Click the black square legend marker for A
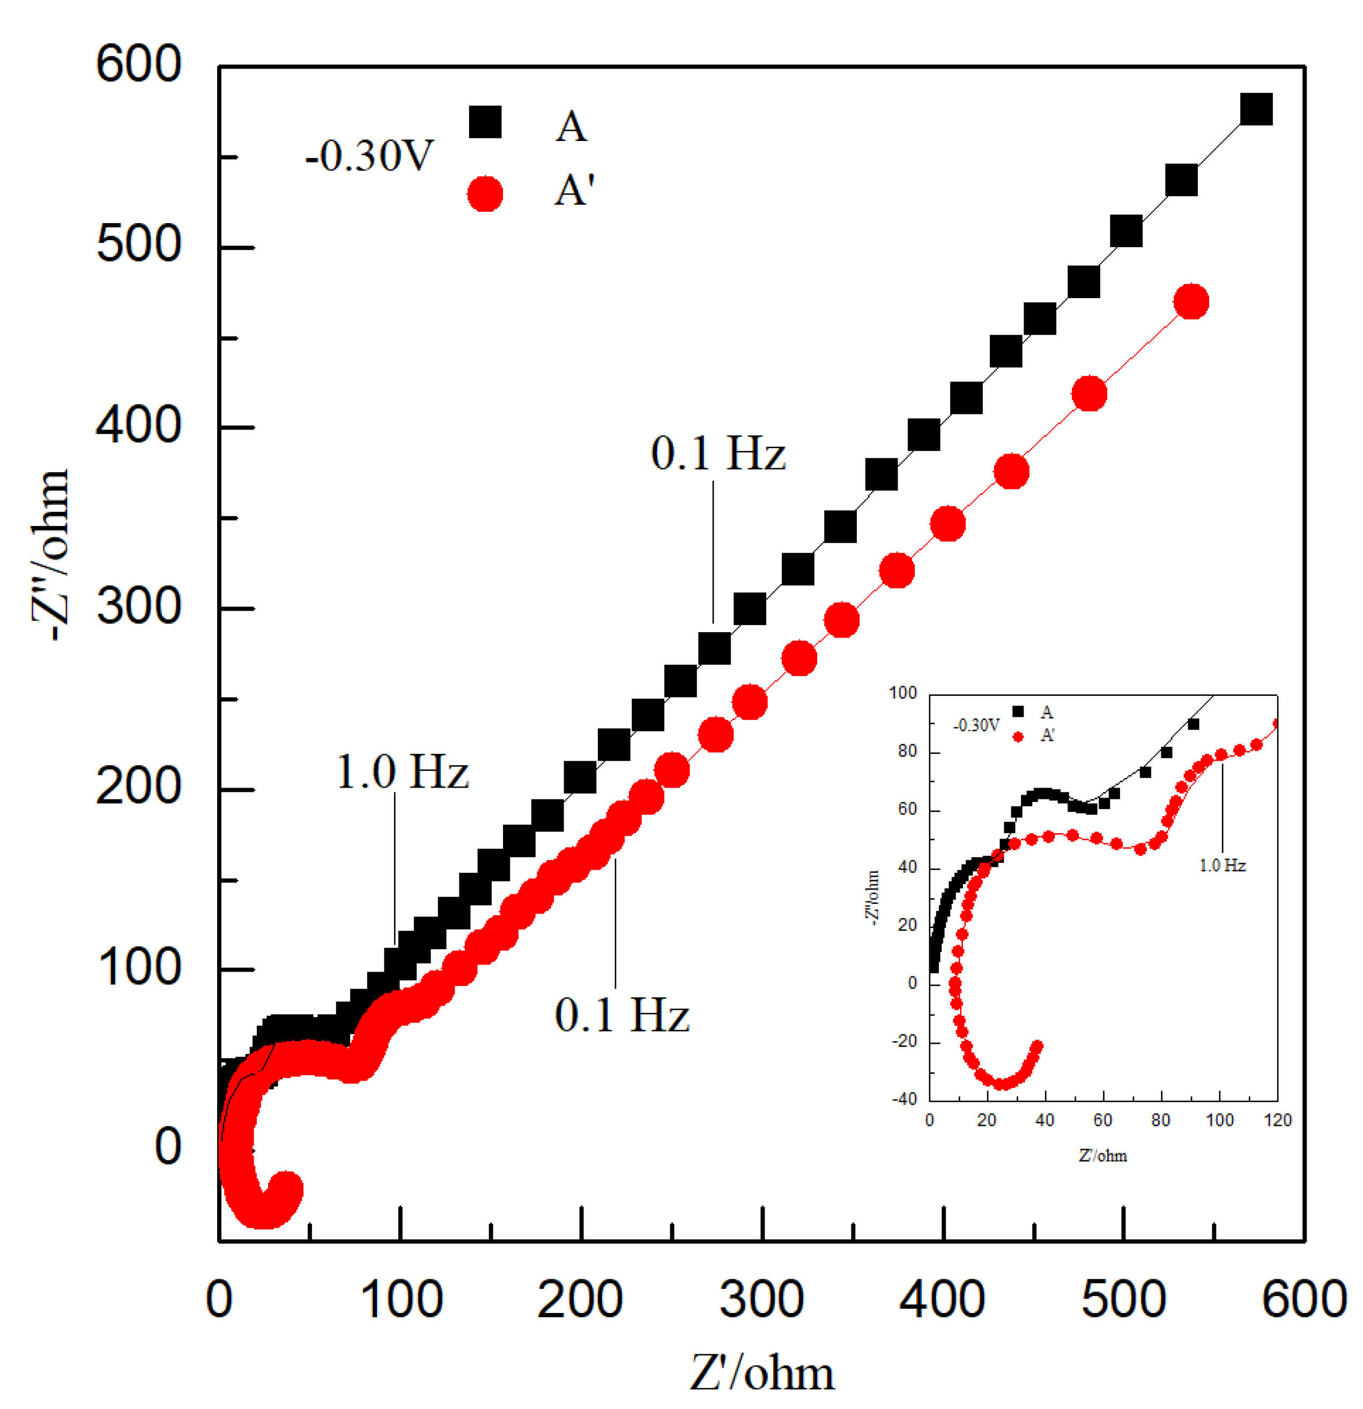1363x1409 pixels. [x=485, y=122]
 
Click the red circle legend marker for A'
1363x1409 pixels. [x=485, y=194]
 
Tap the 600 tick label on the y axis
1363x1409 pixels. [x=139, y=65]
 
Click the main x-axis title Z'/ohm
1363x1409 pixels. [x=762, y=1373]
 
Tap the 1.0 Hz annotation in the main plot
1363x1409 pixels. [x=403, y=773]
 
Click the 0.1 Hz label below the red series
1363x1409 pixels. [x=622, y=1016]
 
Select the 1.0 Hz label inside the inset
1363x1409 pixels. [x=1222, y=865]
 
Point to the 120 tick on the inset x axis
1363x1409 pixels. [x=1277, y=1120]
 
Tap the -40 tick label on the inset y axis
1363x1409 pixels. [x=903, y=1099]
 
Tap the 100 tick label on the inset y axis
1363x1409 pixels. [x=903, y=693]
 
